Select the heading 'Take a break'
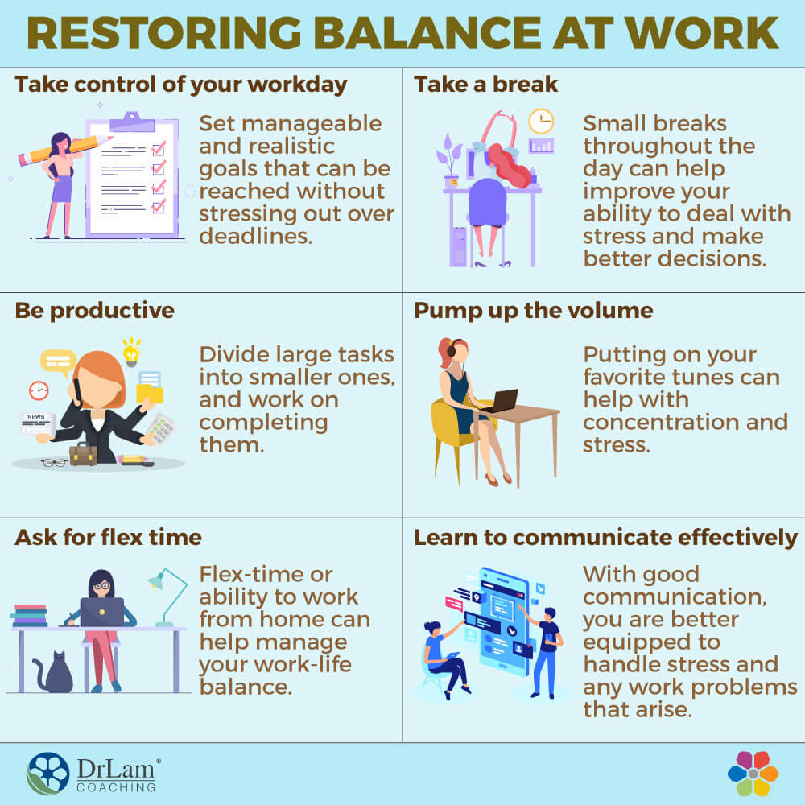(x=486, y=85)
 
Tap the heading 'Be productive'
(x=94, y=311)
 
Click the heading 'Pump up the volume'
(x=534, y=311)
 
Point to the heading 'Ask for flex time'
(x=108, y=536)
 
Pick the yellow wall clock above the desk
(x=540, y=121)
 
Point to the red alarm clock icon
(x=38, y=390)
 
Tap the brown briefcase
(x=83, y=453)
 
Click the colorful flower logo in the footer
(x=753, y=773)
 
